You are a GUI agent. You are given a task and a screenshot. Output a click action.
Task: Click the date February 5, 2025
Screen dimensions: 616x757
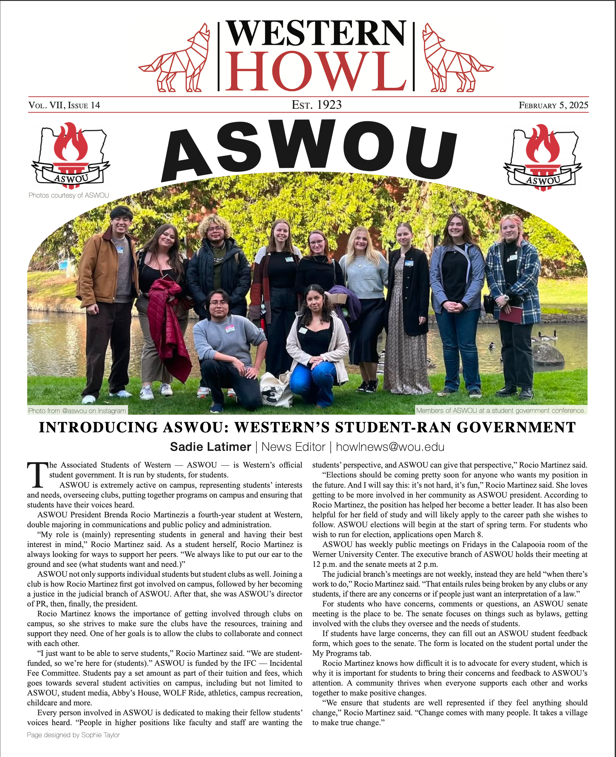coord(553,105)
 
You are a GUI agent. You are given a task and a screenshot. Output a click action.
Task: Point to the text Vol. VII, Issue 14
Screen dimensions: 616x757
coord(64,105)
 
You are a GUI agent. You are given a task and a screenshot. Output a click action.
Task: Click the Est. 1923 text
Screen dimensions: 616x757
coord(317,105)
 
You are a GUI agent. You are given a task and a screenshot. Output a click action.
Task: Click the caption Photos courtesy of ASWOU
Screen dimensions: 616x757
coord(68,195)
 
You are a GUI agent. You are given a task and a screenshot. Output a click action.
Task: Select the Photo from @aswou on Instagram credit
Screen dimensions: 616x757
coord(77,410)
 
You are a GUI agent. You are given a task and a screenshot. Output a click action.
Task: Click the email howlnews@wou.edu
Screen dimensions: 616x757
coord(390,447)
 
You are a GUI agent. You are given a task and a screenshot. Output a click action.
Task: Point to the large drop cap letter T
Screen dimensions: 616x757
coord(37,475)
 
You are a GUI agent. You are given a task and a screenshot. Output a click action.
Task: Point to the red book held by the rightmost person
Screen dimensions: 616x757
coord(511,314)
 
